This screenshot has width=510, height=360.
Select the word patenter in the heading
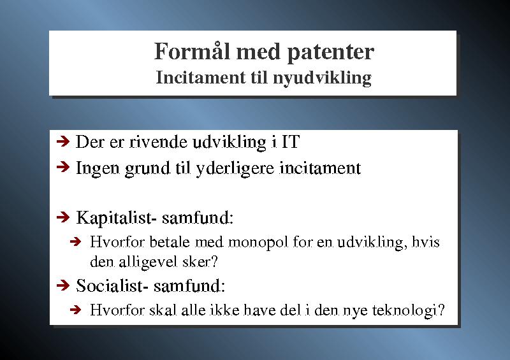[x=331, y=53]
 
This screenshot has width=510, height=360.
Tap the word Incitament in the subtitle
[x=201, y=77]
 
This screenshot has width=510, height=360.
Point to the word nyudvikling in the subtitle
[x=322, y=78]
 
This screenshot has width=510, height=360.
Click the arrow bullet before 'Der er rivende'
[x=63, y=141]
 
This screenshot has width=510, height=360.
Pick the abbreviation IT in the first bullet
[x=291, y=142]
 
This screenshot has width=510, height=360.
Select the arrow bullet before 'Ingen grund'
[x=63, y=167]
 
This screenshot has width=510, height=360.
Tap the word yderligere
[x=235, y=169]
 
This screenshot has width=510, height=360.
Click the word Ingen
[x=98, y=169]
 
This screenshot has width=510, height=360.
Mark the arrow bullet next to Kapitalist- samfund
[x=63, y=217]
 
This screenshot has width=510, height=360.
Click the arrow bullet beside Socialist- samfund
[x=63, y=285]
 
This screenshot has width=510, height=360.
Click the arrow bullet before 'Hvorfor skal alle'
[x=75, y=310]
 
